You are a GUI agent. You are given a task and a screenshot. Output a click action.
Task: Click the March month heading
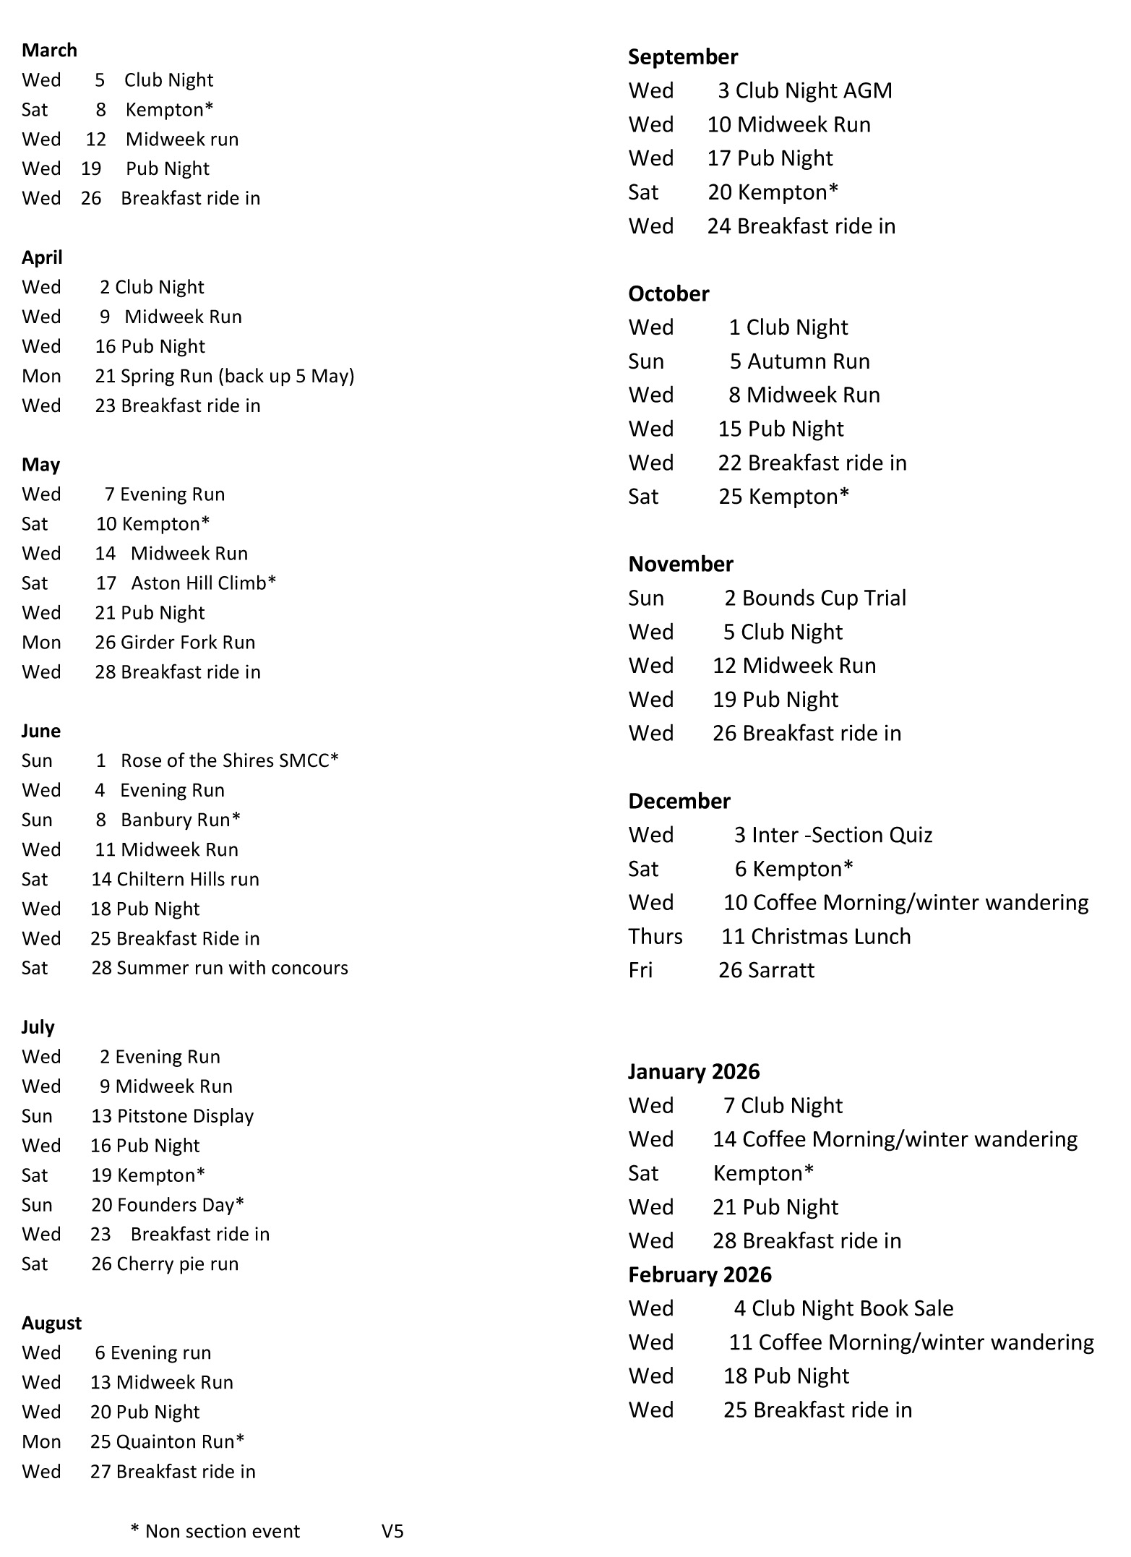[x=49, y=50]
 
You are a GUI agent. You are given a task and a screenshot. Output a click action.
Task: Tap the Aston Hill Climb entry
[x=203, y=583]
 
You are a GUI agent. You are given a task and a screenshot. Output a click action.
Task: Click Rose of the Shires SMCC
[x=229, y=760]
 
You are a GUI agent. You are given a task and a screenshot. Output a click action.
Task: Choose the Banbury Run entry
[x=180, y=820]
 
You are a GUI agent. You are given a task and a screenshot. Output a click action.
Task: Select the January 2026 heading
[x=693, y=1071]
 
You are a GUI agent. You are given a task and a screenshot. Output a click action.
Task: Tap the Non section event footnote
[x=215, y=1531]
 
